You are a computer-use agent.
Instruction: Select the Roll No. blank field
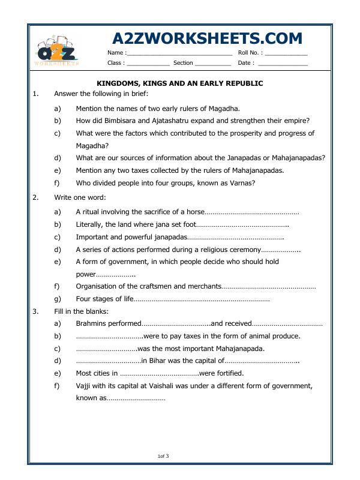pyautogui.click(x=286, y=54)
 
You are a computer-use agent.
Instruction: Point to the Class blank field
pyautogui.click(x=148, y=63)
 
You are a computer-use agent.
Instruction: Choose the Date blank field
pyautogui.click(x=283, y=63)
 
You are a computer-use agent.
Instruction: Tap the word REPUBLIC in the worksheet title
pyautogui.click(x=242, y=83)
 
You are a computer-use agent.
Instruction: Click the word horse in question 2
pyautogui.click(x=194, y=212)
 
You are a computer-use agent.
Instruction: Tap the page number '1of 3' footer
pyautogui.click(x=163, y=457)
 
